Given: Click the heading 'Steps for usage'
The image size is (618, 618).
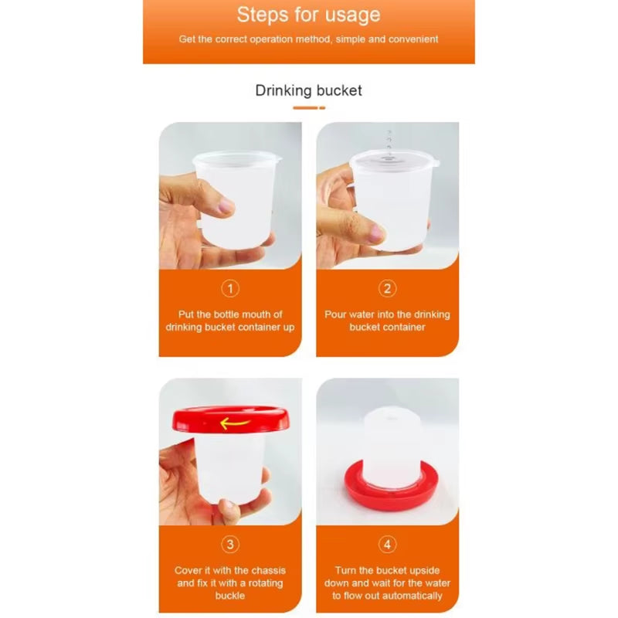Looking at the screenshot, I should pos(308,15).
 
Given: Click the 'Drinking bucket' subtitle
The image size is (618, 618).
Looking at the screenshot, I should pos(308,90).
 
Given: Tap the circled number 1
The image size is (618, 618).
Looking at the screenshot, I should pos(230,289).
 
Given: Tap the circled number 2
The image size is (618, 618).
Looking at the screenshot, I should pos(388,289).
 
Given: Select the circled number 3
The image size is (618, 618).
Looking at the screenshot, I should pos(230,545).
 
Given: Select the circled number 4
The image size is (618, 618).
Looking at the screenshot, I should pos(388,545).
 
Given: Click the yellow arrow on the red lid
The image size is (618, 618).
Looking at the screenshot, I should pos(233,423).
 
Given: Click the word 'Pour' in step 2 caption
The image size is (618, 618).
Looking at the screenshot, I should pos(337,314).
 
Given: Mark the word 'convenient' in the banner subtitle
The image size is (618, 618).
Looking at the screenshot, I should pos(411,39).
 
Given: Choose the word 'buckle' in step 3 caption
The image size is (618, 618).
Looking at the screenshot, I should pos(230,596).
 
